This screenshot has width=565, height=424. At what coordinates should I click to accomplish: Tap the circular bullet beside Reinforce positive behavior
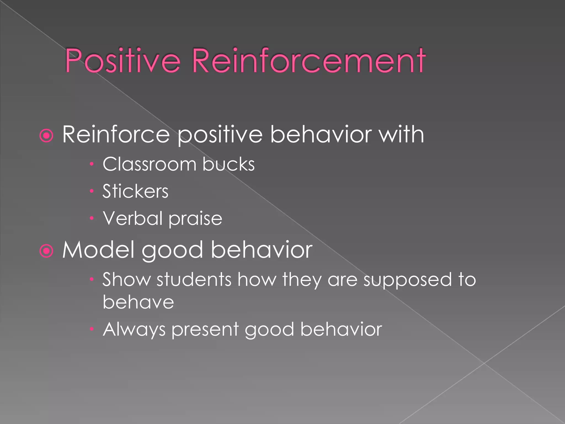tap(46, 136)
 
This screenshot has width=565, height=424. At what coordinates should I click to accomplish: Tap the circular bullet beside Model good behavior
tap(46, 251)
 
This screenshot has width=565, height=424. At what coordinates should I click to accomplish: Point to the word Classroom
tap(149, 164)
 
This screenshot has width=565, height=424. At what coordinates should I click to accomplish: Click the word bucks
tap(228, 164)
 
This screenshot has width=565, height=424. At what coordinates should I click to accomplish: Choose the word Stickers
tap(135, 191)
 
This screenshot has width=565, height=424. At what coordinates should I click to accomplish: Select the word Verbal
tap(133, 218)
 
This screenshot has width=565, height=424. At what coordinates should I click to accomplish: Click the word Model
tap(98, 250)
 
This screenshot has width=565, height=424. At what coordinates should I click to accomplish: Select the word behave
tap(138, 302)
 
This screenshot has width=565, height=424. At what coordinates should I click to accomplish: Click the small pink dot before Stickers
tap(92, 191)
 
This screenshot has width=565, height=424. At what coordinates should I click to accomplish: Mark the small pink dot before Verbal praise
tap(92, 218)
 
